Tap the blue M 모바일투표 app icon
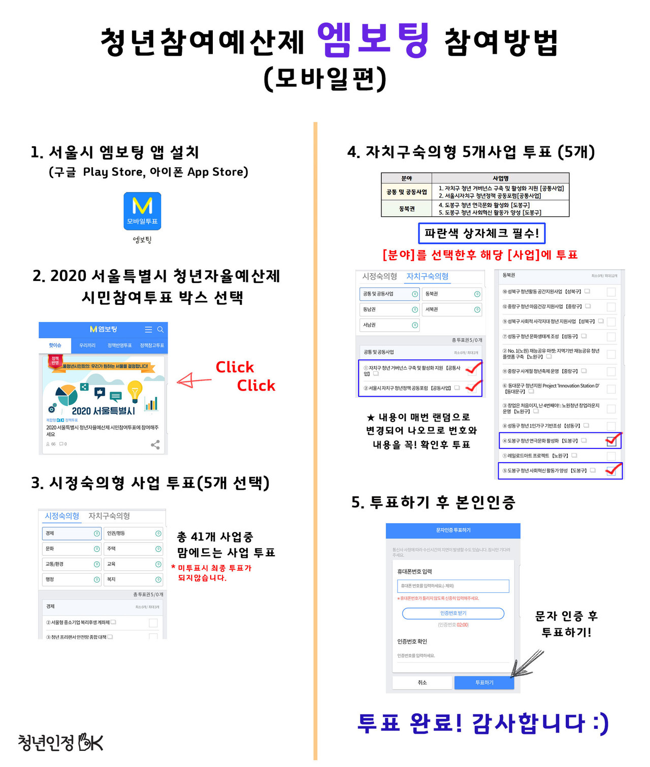click(x=142, y=211)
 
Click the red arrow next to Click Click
click(x=193, y=380)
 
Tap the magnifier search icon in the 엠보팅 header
click(x=160, y=330)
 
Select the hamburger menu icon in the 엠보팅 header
click(x=148, y=330)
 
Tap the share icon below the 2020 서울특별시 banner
click(x=155, y=444)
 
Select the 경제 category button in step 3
click(x=72, y=533)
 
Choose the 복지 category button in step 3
click(x=134, y=579)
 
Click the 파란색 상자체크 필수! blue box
click(x=481, y=233)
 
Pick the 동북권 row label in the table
click(x=407, y=208)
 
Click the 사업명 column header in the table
click(x=500, y=178)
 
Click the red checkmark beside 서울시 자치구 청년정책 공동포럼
click(x=473, y=387)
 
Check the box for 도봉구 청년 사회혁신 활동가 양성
click(x=611, y=471)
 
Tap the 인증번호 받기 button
click(x=453, y=613)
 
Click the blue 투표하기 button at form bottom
click(x=484, y=682)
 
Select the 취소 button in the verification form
click(x=422, y=682)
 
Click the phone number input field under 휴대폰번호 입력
click(x=453, y=586)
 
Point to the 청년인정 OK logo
click(x=60, y=742)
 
